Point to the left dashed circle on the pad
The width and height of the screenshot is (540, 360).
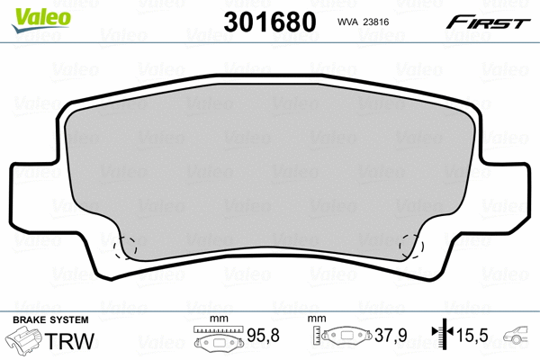[123, 245]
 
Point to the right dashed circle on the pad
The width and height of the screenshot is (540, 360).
[412, 245]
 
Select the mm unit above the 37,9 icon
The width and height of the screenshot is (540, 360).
[316, 320]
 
